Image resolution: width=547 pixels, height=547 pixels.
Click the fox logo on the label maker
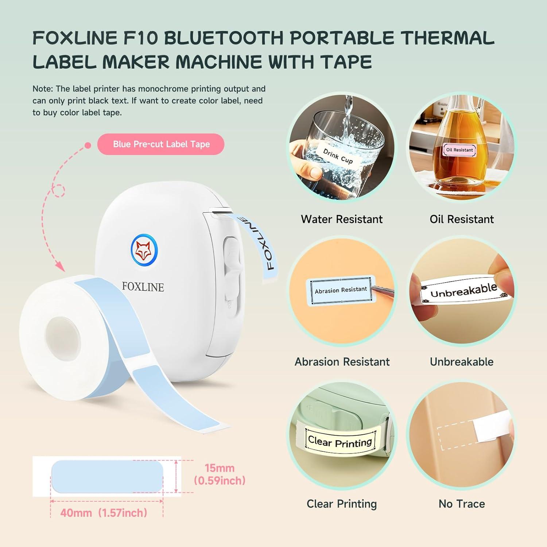click(144, 250)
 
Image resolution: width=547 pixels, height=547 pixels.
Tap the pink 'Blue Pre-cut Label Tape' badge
click(161, 144)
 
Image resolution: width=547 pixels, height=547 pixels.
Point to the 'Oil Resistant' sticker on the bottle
click(459, 150)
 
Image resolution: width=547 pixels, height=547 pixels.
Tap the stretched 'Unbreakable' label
click(463, 291)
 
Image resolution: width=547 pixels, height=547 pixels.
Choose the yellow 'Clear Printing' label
click(340, 441)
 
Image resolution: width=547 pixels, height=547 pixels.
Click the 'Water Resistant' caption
click(342, 219)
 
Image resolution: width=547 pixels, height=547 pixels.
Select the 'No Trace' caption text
click(462, 504)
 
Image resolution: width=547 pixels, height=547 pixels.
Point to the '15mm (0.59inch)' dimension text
click(220, 474)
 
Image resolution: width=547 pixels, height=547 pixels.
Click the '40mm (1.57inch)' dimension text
click(104, 513)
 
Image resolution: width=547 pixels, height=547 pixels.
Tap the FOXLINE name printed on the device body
click(143, 287)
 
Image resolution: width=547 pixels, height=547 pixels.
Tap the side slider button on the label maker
click(231, 255)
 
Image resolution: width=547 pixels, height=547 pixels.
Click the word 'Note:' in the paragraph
click(43, 89)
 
